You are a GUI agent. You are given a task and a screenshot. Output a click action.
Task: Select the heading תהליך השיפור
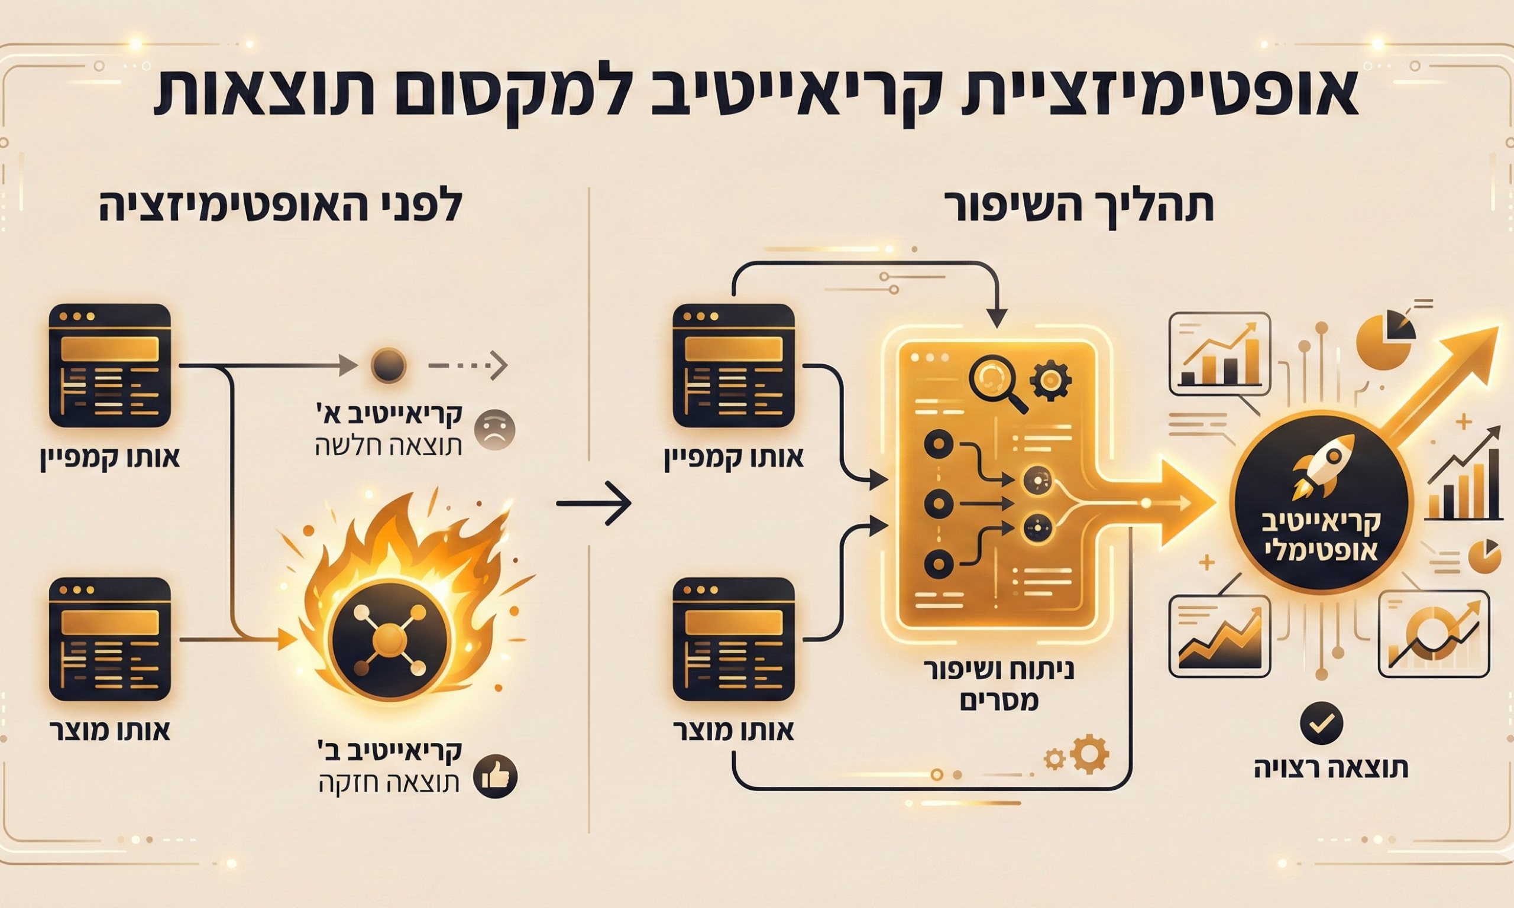click(x=1079, y=206)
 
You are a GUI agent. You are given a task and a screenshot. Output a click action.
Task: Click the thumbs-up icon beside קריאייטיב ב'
click(x=496, y=778)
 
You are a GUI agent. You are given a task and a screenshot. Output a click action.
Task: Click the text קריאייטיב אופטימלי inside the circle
click(x=1322, y=537)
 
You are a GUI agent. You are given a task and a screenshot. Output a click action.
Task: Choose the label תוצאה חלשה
click(x=388, y=447)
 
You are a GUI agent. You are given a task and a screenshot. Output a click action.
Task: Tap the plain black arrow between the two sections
click(x=593, y=503)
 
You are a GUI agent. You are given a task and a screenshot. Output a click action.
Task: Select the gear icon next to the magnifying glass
click(x=1050, y=379)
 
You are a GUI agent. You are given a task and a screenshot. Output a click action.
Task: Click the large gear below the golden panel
click(x=1090, y=754)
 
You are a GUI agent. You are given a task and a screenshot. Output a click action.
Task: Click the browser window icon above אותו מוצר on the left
click(x=109, y=640)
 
